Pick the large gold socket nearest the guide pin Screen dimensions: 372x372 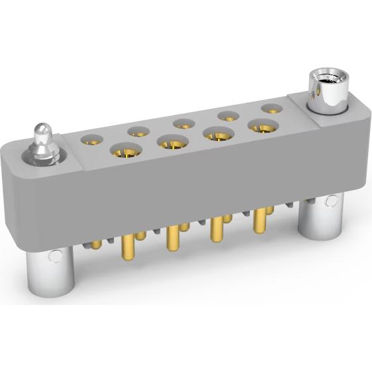pos(125,152)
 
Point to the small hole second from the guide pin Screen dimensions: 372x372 pos(140,131)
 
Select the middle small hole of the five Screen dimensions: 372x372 pos(184,123)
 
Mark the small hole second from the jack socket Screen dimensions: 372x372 pos(229,115)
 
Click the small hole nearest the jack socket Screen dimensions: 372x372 pos(271,107)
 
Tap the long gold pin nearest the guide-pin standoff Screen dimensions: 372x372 pos(126,255)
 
